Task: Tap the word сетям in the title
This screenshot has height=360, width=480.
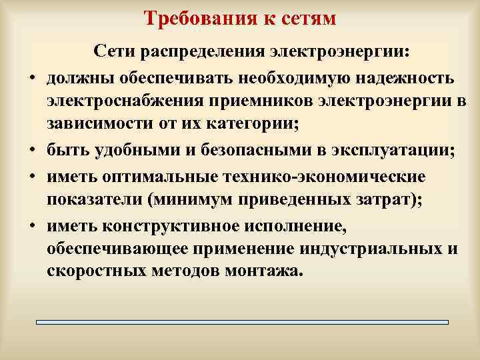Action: point(306,17)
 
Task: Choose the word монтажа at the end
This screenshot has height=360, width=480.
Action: point(265,272)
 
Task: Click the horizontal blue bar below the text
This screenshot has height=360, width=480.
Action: point(241,322)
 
